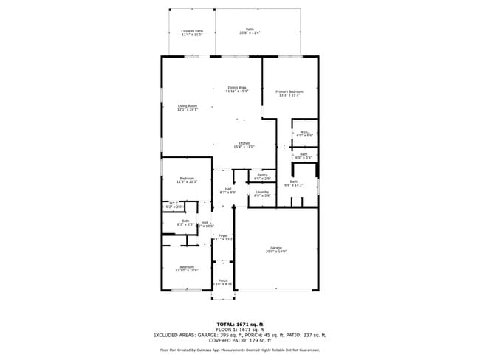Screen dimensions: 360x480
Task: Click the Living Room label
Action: pyautogui.click(x=188, y=108)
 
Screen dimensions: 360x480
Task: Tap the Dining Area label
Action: pyautogui.click(x=237, y=89)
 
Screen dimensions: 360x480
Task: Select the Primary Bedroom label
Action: pyautogui.click(x=289, y=93)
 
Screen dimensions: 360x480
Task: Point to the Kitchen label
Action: pyautogui.click(x=244, y=145)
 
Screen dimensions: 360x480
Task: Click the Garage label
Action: pyautogui.click(x=276, y=250)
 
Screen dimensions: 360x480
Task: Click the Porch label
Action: pyautogui.click(x=223, y=283)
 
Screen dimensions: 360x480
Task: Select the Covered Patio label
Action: pyautogui.click(x=192, y=32)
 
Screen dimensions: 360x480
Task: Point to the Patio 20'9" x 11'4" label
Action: pyautogui.click(x=250, y=31)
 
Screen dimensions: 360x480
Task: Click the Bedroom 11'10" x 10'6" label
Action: pyautogui.click(x=186, y=269)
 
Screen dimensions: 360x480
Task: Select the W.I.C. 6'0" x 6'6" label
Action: pyautogui.click(x=304, y=134)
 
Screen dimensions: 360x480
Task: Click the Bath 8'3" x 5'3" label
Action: pyautogui.click(x=186, y=223)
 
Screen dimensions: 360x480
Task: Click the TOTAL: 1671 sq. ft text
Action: pyautogui.click(x=239, y=325)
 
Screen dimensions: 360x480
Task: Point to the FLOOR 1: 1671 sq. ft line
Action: pyautogui.click(x=239, y=330)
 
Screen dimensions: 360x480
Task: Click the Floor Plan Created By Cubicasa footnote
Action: pyautogui.click(x=239, y=350)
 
